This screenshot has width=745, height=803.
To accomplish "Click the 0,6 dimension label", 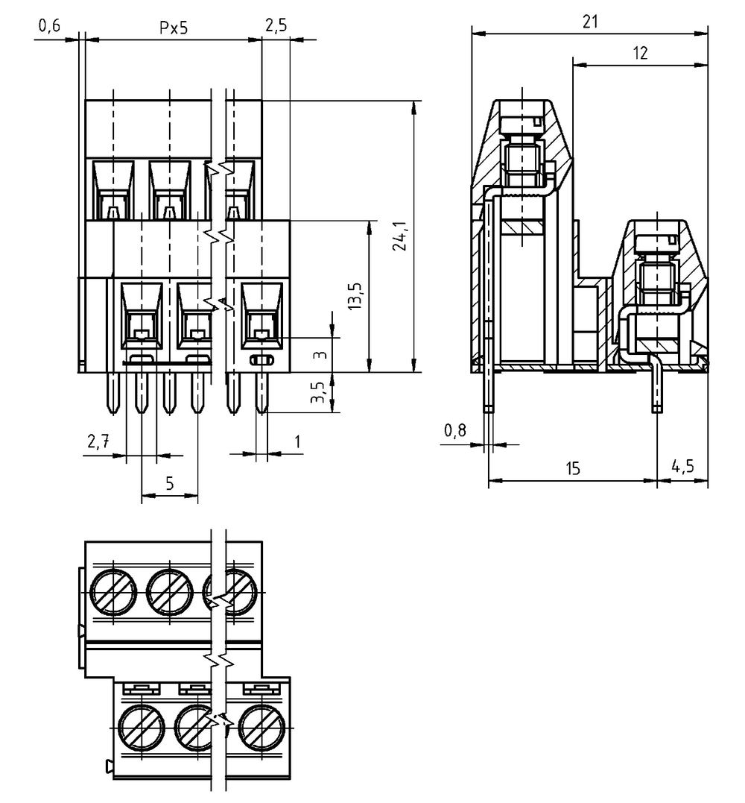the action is (49, 25).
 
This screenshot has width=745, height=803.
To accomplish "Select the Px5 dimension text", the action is (174, 27).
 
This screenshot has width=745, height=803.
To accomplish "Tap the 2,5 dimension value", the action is (276, 25).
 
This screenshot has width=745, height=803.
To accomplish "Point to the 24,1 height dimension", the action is (399, 236).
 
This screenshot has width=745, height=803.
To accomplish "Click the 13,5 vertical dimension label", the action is (355, 295).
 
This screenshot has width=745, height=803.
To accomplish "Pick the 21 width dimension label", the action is (590, 22).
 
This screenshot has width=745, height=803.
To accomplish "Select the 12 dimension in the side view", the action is (640, 53).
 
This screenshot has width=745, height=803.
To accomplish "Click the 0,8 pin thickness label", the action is (455, 431).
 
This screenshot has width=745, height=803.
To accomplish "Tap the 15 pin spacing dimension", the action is (573, 468).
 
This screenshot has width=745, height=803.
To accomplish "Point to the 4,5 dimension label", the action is (682, 467).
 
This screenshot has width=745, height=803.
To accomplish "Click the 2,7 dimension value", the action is (98, 441).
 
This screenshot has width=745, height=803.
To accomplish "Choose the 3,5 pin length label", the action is (318, 392).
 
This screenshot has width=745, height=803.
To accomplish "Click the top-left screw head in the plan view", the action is (113, 591).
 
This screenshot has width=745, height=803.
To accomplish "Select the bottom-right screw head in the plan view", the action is (262, 727).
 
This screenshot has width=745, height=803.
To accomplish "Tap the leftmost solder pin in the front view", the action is (113, 392).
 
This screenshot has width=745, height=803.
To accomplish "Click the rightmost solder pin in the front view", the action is (261, 392).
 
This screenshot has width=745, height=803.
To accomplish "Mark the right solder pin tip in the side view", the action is (657, 409).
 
